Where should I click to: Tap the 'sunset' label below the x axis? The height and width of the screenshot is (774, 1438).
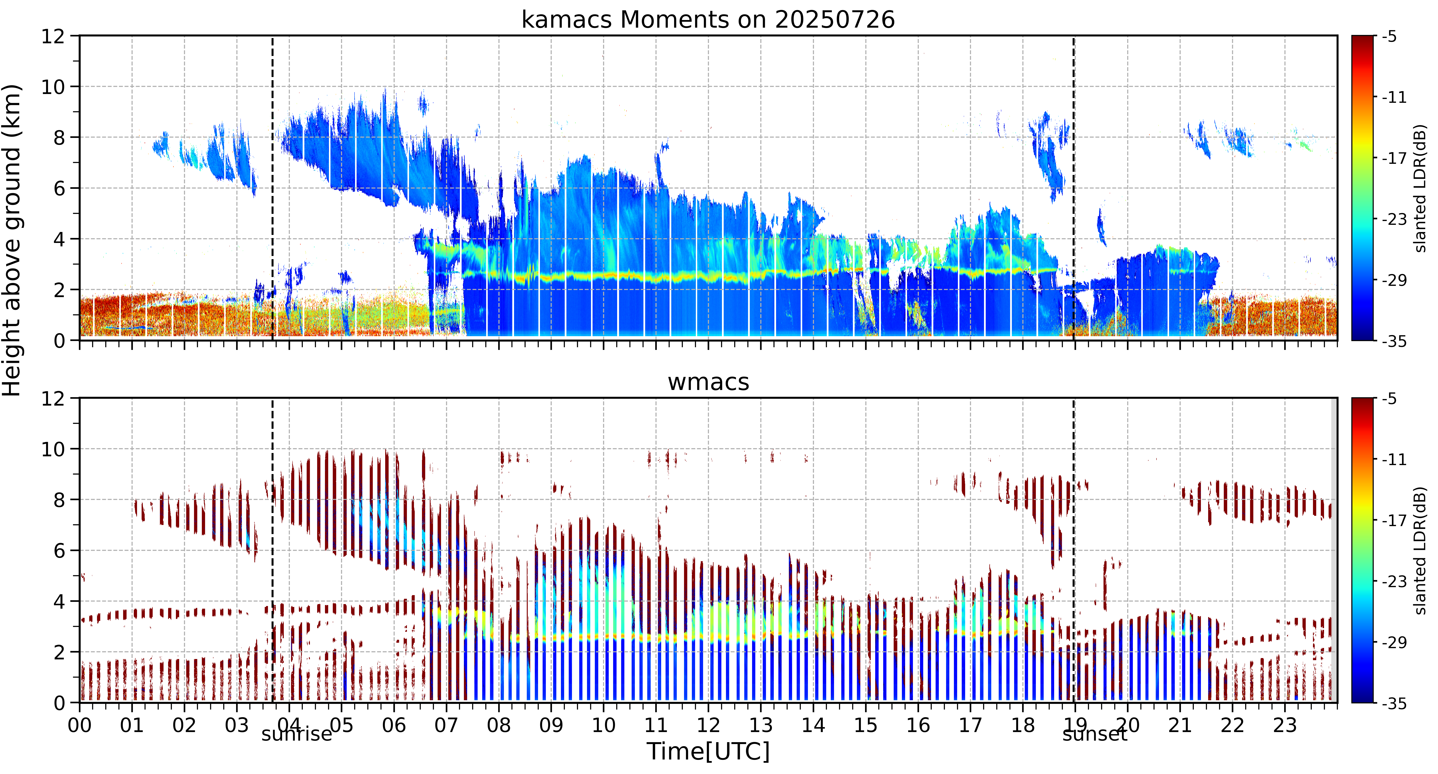click(1095, 734)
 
